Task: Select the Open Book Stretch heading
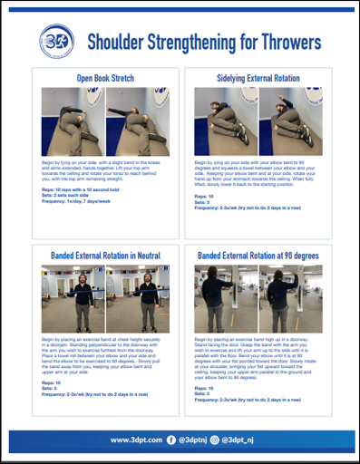coord(104,78)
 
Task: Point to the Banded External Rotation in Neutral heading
coord(104,256)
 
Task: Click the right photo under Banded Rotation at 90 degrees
coord(290,297)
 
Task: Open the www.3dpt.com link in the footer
coord(135,440)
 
